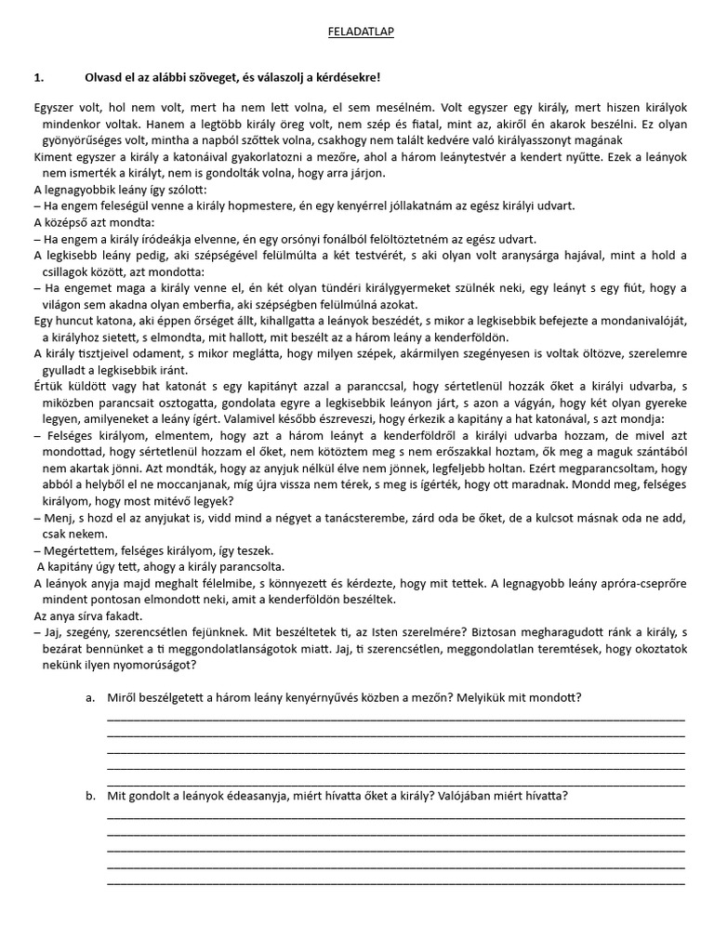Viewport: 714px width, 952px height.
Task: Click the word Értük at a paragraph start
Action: pos(49,385)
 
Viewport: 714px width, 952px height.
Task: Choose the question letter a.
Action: pos(89,698)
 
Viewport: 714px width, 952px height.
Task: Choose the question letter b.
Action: pos(89,796)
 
